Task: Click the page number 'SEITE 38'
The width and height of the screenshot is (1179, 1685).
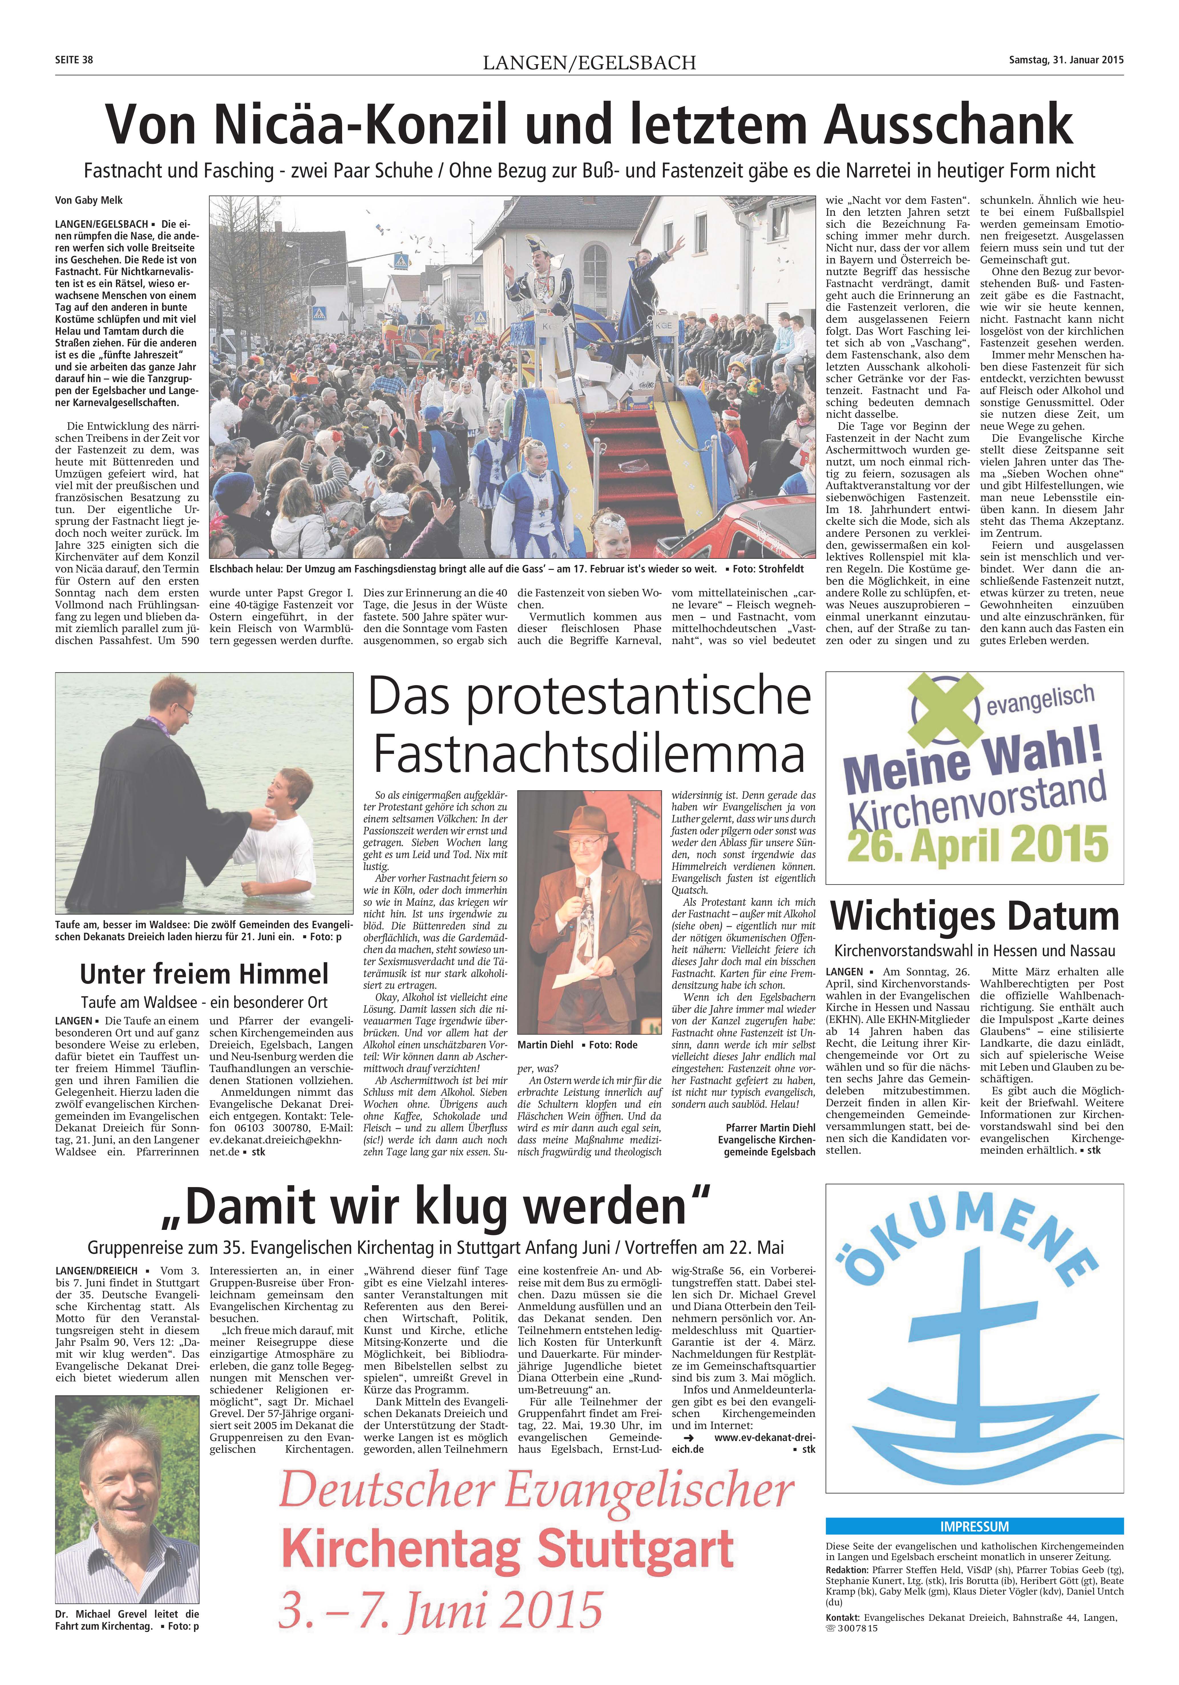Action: [x=74, y=60]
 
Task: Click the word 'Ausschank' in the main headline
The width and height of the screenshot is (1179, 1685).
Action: [x=949, y=125]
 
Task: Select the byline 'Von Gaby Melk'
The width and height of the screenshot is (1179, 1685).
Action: [x=89, y=200]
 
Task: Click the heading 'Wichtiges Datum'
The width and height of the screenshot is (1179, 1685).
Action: [x=974, y=917]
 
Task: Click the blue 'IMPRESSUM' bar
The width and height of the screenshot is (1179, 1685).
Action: [x=974, y=1526]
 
